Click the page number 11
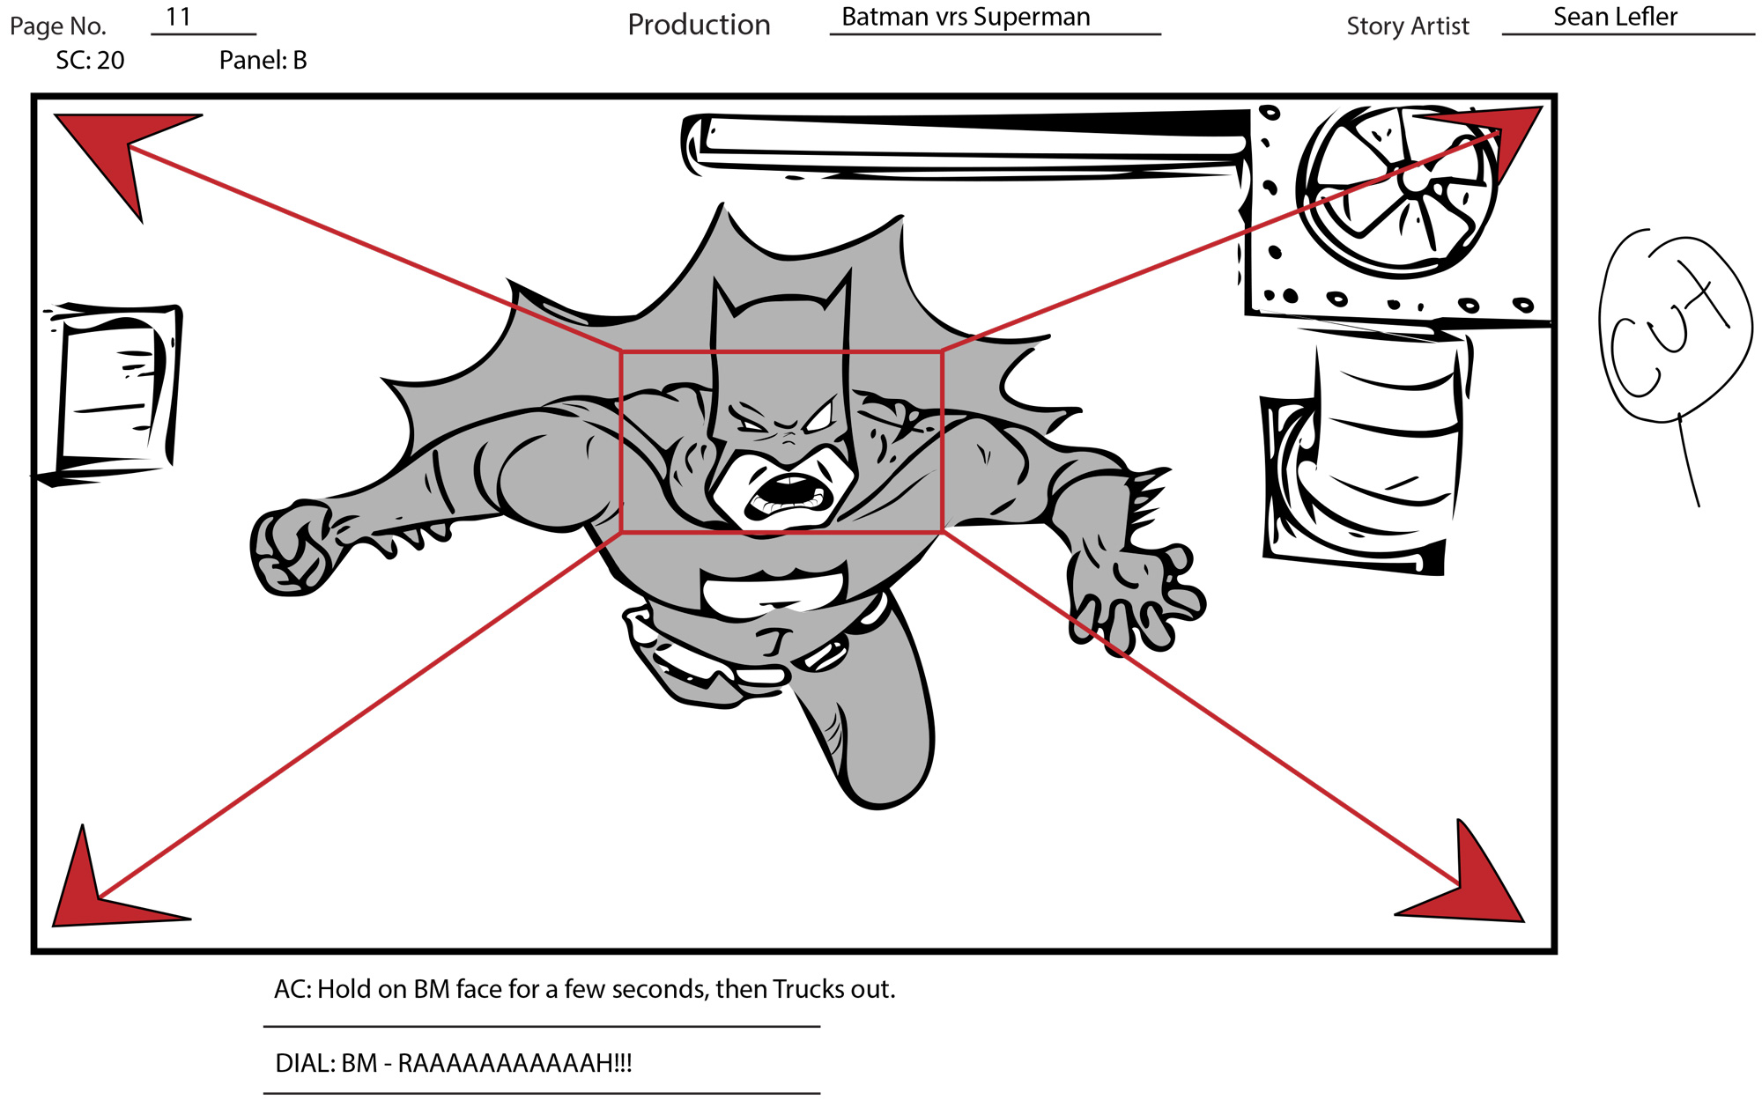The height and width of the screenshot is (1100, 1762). pyautogui.click(x=178, y=17)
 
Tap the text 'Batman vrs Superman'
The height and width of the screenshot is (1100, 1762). pyautogui.click(x=966, y=17)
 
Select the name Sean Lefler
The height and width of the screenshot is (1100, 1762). pyautogui.click(x=1615, y=17)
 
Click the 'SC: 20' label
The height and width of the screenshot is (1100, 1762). pyautogui.click(x=90, y=60)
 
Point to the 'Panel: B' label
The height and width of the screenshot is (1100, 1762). pyautogui.click(x=263, y=60)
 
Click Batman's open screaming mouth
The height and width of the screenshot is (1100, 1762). pyautogui.click(x=788, y=498)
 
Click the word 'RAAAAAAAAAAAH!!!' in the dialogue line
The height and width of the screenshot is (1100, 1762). pyautogui.click(x=515, y=1063)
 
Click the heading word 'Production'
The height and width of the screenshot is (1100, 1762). pyautogui.click(x=699, y=25)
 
